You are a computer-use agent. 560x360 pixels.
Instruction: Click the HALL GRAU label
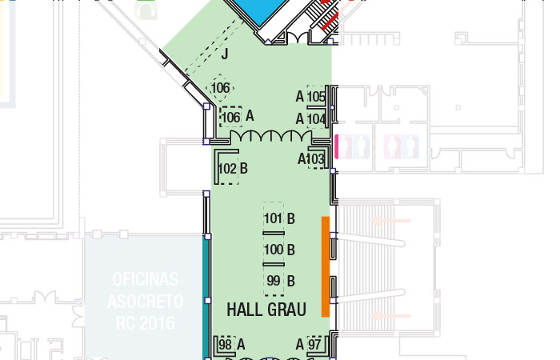click(266, 310)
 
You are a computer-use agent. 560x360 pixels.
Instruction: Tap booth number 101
click(274, 218)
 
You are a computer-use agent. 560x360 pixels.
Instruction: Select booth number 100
click(274, 250)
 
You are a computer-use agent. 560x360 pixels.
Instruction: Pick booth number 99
click(274, 280)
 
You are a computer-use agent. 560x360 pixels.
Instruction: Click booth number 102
click(227, 168)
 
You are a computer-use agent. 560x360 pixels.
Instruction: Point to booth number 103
click(315, 159)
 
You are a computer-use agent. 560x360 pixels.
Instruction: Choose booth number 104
click(317, 119)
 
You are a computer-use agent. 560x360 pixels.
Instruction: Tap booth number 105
click(317, 97)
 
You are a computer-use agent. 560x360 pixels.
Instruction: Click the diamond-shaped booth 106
click(220, 88)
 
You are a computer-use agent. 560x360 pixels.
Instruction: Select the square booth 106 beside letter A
click(230, 117)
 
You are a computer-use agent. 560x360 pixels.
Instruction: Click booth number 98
click(225, 345)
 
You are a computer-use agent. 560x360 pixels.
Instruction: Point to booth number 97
click(314, 345)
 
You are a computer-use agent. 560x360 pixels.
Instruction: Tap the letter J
click(225, 54)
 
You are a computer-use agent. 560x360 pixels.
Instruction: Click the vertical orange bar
click(326, 266)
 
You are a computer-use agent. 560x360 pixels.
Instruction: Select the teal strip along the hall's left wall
click(206, 299)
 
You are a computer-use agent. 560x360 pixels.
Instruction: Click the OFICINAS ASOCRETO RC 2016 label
click(145, 301)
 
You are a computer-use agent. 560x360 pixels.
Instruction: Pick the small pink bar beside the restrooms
click(336, 146)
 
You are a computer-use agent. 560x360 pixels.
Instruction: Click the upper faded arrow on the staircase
click(391, 221)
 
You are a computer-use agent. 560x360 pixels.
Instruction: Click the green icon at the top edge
click(146, 9)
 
